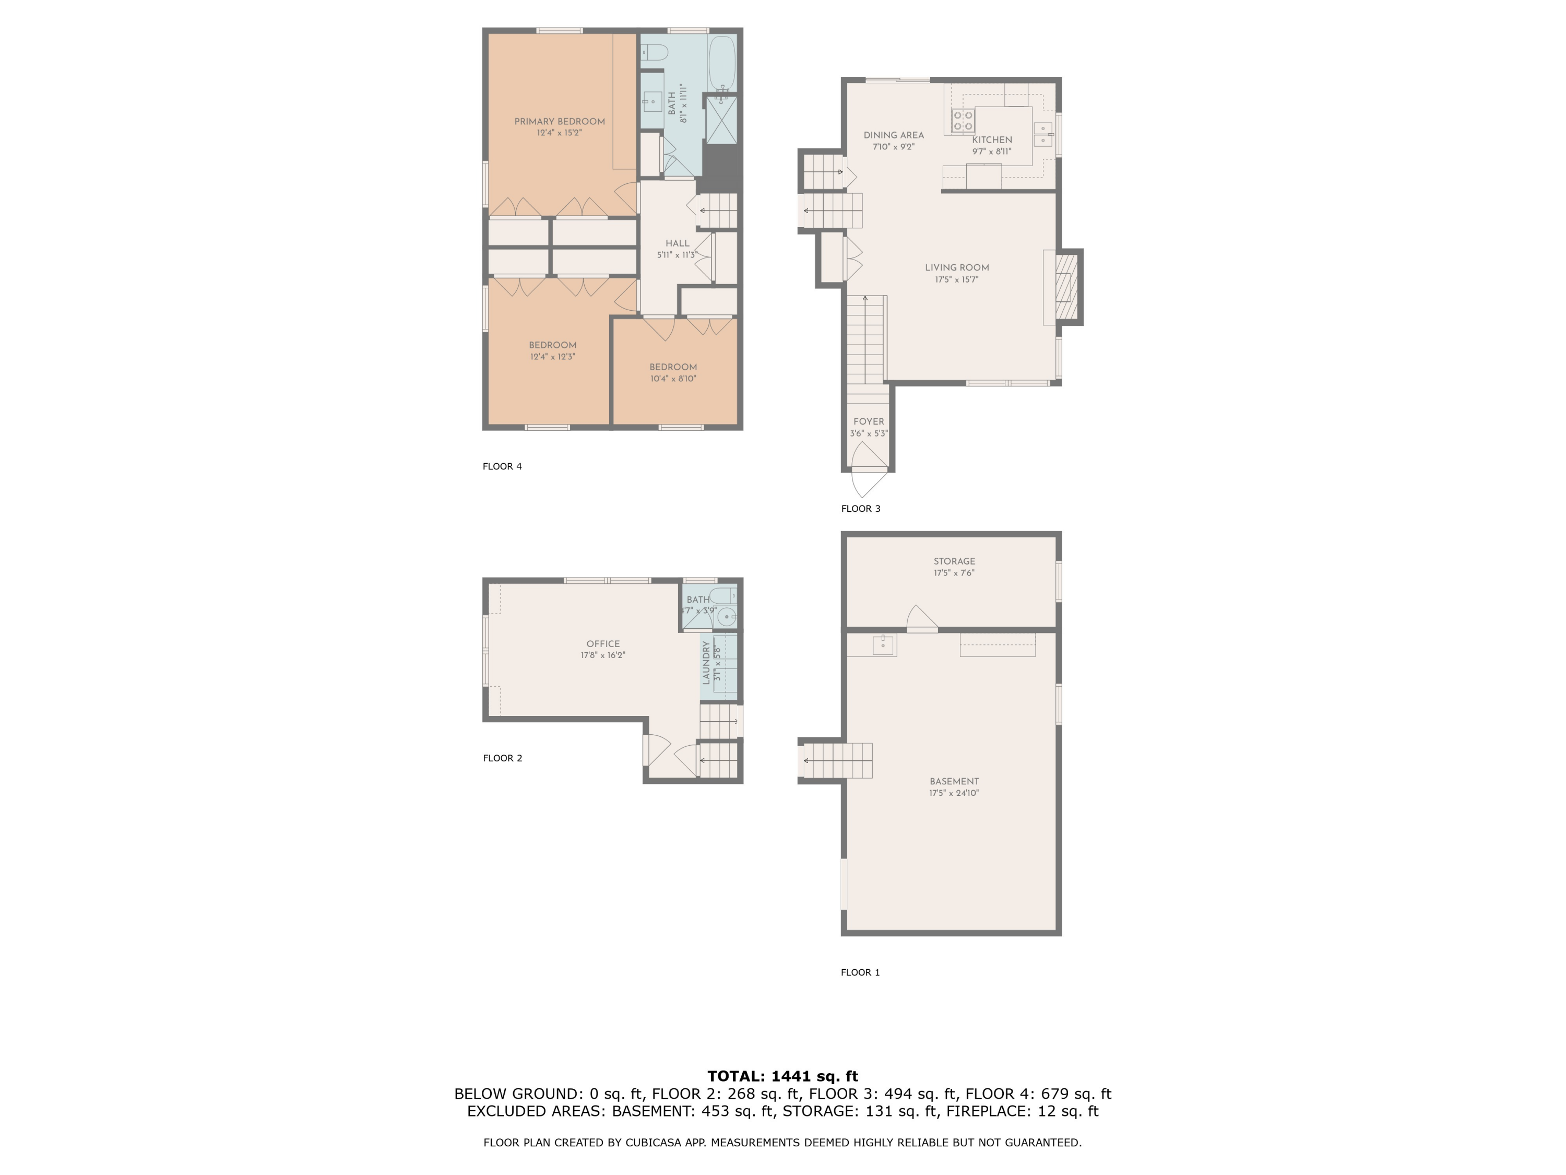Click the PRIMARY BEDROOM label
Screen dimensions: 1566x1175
pos(559,122)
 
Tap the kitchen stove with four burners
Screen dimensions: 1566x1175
pos(963,121)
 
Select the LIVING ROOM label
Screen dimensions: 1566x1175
pos(956,268)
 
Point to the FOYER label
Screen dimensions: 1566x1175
pos(869,421)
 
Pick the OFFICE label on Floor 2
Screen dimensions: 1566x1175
pos(603,644)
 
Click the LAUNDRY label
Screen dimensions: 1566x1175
pos(706,663)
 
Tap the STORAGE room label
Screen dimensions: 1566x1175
pos(954,561)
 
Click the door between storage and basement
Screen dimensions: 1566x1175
pos(922,618)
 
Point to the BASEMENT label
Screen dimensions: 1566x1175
pos(954,782)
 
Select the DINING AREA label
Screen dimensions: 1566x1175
pos(894,135)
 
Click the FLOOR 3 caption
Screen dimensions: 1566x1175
pos(861,509)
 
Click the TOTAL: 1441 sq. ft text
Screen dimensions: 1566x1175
pos(783,1076)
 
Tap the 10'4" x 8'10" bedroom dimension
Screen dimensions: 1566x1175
pos(673,379)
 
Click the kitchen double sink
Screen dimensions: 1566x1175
pos(1043,134)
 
